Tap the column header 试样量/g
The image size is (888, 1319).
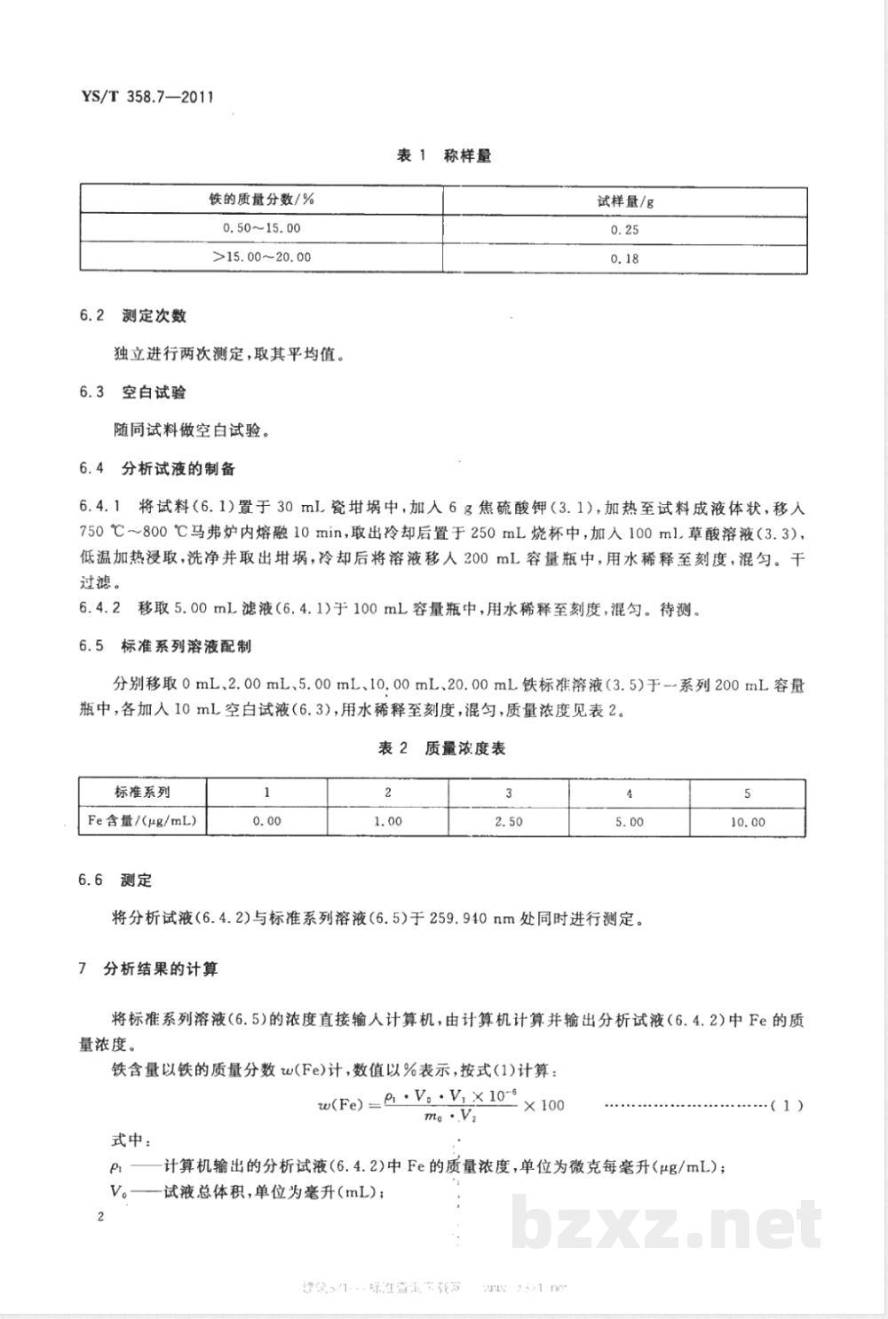625,201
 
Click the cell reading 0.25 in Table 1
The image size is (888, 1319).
625,230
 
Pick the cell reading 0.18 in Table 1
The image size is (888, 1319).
625,258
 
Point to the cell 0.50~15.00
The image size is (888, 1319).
262,228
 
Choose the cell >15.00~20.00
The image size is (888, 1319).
262,257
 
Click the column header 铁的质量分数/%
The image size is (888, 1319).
262,200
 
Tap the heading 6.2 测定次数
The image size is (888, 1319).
132,316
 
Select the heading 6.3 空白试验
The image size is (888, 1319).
132,392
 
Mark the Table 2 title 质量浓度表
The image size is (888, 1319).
441,749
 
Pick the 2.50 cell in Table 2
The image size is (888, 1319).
509,822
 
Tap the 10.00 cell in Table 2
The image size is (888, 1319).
747,822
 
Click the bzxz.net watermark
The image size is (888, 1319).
667,1225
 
